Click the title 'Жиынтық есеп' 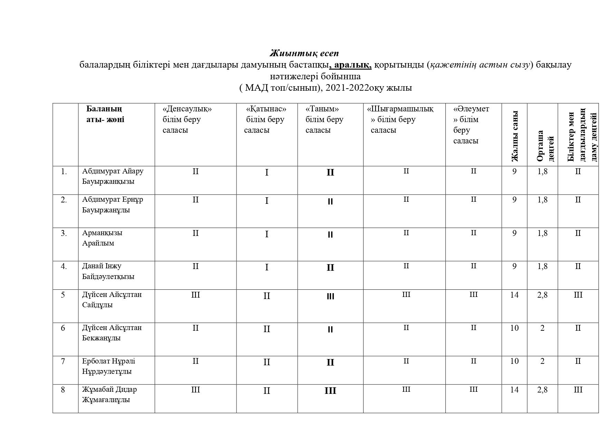[x=304, y=53]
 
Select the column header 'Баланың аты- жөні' [x=105, y=114]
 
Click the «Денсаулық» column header [x=187, y=119]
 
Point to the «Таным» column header [x=324, y=119]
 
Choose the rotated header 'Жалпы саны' [x=514, y=136]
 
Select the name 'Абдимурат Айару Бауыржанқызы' [x=113, y=176]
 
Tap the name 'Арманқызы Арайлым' [x=102, y=238]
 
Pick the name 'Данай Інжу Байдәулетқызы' [x=108, y=271]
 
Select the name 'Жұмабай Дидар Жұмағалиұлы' [x=109, y=395]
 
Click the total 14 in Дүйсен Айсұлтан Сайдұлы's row [x=514, y=295]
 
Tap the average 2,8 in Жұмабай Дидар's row [x=542, y=390]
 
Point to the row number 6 [x=63, y=328]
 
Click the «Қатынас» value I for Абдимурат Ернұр [x=267, y=201]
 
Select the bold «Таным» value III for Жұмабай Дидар [x=330, y=391]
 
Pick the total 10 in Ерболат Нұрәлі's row [x=514, y=361]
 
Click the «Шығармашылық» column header [x=401, y=119]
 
